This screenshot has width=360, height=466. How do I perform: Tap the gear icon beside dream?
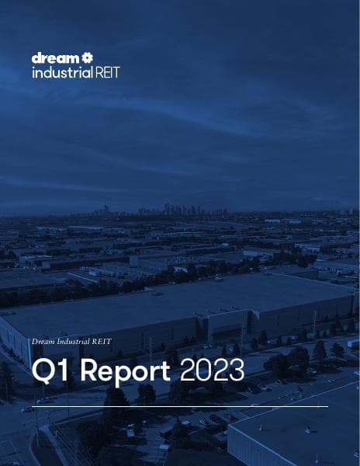point(88,57)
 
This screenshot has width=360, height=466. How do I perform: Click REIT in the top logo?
point(106,72)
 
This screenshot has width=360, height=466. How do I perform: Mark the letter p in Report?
point(125,374)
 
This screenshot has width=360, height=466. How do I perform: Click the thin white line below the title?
point(179,406)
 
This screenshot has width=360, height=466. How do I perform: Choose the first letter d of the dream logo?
point(36,58)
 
